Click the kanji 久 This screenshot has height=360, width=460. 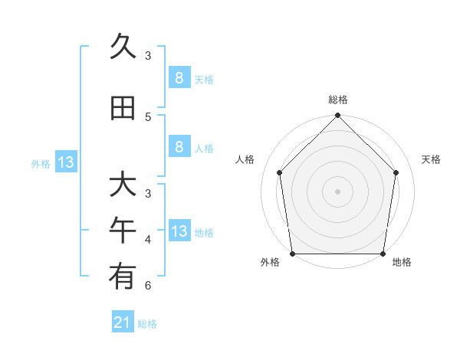click(x=123, y=47)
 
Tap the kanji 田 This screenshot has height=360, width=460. click(x=123, y=108)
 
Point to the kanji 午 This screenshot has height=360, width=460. click(x=123, y=231)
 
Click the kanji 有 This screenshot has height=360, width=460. click(x=123, y=277)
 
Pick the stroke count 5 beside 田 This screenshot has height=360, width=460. click(x=148, y=116)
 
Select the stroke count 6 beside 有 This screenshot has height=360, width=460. click(x=148, y=286)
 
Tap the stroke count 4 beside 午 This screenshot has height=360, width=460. click(x=148, y=240)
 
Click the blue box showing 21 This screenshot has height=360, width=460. click(x=123, y=322)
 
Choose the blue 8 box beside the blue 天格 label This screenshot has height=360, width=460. click(x=179, y=77)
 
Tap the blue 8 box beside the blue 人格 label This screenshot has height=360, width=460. click(x=179, y=147)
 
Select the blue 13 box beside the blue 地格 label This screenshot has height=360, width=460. click(x=179, y=231)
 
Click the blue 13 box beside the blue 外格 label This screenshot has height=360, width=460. click(x=66, y=162)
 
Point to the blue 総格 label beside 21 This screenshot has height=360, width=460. click(x=147, y=324)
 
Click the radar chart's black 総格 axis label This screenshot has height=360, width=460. click(x=338, y=100)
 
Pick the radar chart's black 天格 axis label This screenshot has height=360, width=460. click(x=432, y=159)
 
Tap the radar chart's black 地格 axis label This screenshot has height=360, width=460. click(x=402, y=263)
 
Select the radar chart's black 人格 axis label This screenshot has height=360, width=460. click(x=245, y=159)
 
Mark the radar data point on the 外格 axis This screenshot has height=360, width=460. click(x=292, y=254)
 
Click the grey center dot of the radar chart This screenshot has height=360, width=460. click(x=338, y=191)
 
